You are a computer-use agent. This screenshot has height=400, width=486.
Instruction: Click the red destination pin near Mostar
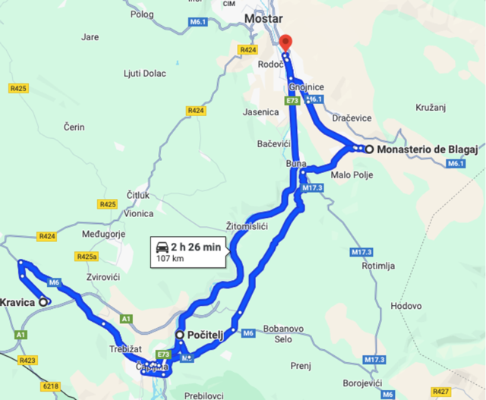tap(286, 43)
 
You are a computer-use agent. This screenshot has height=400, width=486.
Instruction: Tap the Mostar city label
tap(264, 18)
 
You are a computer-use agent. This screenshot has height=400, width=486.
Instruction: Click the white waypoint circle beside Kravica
tap(43, 302)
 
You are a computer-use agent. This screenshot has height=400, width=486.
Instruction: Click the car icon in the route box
tap(163, 247)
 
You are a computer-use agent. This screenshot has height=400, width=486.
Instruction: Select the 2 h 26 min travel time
tap(196, 247)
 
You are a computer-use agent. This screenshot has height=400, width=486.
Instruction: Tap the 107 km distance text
tap(171, 258)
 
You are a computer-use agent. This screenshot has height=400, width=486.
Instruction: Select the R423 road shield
tap(28, 360)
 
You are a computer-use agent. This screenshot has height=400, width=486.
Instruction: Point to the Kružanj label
tap(430, 108)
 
